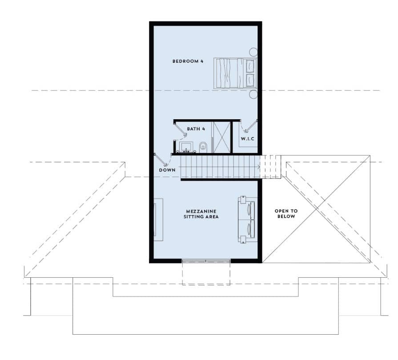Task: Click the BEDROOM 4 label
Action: [188, 61]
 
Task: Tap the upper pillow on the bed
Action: [250, 66]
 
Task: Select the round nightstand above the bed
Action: [253, 52]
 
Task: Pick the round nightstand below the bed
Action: [253, 94]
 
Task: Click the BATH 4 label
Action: [196, 129]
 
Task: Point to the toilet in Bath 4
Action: [203, 147]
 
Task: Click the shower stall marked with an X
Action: [221, 138]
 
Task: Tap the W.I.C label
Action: [248, 139]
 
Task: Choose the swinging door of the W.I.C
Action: [251, 126]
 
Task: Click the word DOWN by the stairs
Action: [167, 170]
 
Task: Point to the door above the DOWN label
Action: [161, 159]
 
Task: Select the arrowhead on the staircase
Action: [259, 167]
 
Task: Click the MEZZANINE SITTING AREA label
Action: [201, 214]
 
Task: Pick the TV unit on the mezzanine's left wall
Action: [158, 219]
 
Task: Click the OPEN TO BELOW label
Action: [286, 214]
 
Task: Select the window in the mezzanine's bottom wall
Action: [206, 261]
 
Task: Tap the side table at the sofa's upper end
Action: [243, 199]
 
